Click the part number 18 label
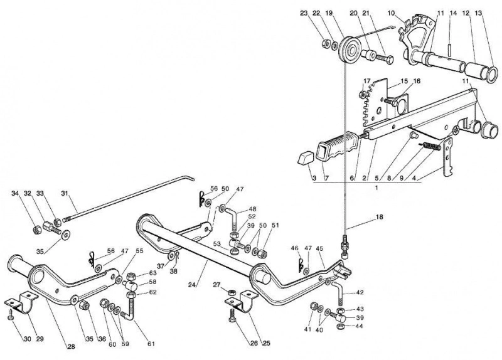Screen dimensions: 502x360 (380, 217)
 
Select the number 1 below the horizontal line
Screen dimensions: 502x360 (376, 188)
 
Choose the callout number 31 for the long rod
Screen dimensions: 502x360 (65, 193)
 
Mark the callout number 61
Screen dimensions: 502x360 (151, 344)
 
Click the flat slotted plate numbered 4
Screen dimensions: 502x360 (449, 157)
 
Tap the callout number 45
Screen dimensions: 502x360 (320, 248)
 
